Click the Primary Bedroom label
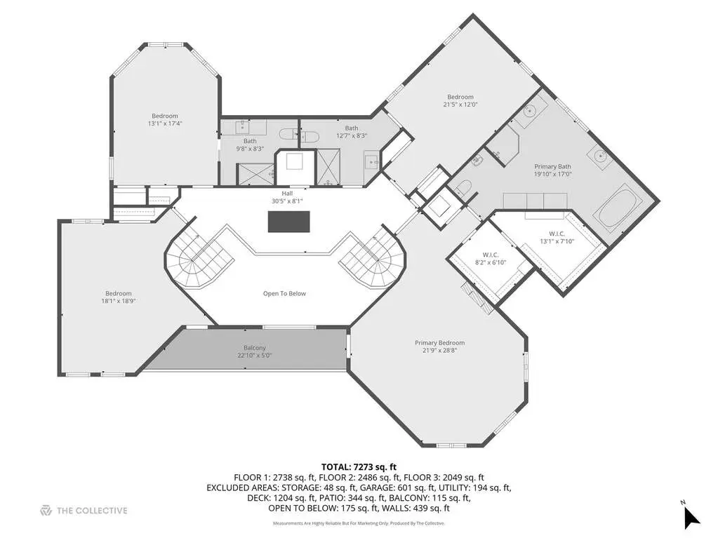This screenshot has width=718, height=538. (439, 343)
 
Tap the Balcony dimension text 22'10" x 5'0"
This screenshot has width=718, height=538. (255, 356)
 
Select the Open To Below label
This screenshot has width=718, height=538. (284, 294)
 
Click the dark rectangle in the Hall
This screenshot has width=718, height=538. (288, 222)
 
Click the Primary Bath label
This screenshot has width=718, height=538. (552, 166)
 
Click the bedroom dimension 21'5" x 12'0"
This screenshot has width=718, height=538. (460, 105)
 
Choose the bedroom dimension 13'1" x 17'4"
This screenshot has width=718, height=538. (165, 123)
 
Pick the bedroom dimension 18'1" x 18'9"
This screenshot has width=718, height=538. (119, 301)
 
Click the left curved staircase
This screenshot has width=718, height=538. (198, 258)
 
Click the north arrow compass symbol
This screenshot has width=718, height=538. (691, 517)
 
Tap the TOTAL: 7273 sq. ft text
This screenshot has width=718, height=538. (359, 467)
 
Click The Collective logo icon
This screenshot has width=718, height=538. (46, 511)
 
